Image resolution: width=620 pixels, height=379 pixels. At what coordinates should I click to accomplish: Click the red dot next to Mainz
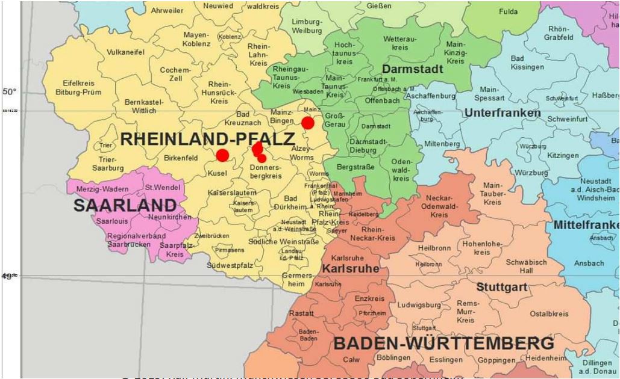click(x=308, y=123)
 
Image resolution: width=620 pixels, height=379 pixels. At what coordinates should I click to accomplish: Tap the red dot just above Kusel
click(x=222, y=155)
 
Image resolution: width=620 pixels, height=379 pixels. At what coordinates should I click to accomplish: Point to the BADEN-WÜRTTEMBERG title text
click(x=443, y=344)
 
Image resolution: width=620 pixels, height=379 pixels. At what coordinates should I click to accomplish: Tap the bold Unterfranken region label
click(x=502, y=112)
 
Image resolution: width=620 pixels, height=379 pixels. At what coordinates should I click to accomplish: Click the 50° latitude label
click(x=9, y=91)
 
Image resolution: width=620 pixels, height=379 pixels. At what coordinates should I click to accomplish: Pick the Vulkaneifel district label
click(x=125, y=52)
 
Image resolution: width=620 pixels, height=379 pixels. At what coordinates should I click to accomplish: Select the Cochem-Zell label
click(x=175, y=75)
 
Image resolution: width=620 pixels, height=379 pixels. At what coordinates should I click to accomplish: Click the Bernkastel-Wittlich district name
click(x=140, y=106)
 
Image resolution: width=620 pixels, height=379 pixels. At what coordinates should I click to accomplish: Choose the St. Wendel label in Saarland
click(x=162, y=188)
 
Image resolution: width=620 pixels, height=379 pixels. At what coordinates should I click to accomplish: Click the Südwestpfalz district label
click(x=231, y=265)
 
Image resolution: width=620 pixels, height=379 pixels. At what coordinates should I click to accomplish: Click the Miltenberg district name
click(x=442, y=144)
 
